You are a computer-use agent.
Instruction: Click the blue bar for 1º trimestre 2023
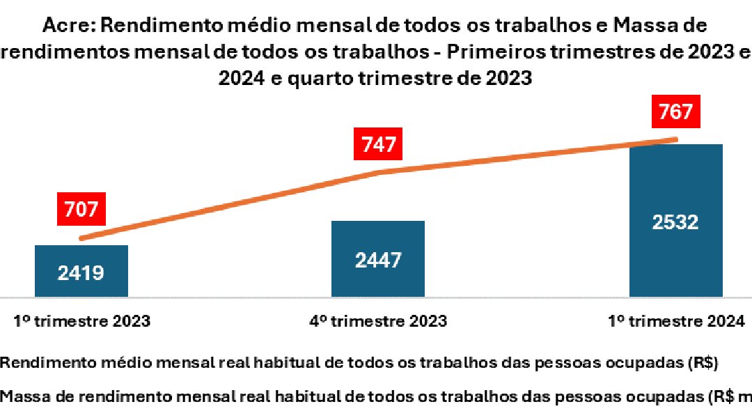(x=81, y=270)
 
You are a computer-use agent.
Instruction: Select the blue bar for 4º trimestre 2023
(x=377, y=258)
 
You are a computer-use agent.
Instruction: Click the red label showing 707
(x=82, y=208)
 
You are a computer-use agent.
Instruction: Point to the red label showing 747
(x=379, y=144)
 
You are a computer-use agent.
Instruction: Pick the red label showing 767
(x=675, y=113)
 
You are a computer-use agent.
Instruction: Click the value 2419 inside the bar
(x=81, y=272)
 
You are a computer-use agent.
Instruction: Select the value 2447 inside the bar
(x=377, y=261)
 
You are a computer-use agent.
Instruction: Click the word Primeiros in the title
(x=484, y=53)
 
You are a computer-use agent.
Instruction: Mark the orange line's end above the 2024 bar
(x=675, y=139)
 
